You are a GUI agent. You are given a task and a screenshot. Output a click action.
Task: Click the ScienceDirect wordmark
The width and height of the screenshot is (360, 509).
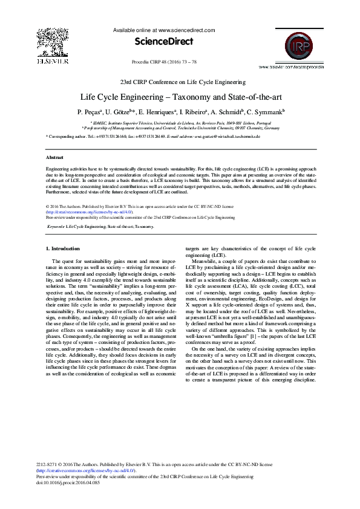(x=164, y=42)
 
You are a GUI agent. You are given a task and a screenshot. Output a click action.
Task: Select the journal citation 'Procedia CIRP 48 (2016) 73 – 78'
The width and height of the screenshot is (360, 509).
(x=164, y=62)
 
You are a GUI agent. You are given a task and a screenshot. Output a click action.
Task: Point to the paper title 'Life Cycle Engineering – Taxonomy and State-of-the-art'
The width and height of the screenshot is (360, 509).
(x=180, y=97)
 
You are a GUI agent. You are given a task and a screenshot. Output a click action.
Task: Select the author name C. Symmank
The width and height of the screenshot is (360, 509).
(x=266, y=112)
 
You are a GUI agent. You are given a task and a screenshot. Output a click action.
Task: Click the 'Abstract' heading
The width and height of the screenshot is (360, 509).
(x=54, y=157)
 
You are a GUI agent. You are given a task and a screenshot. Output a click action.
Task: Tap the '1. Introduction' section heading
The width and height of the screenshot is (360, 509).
(x=63, y=248)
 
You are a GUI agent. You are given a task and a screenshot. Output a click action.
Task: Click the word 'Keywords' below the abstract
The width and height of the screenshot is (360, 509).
(x=56, y=226)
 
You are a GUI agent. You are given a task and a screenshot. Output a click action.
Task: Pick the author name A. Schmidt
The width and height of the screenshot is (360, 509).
(x=228, y=112)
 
